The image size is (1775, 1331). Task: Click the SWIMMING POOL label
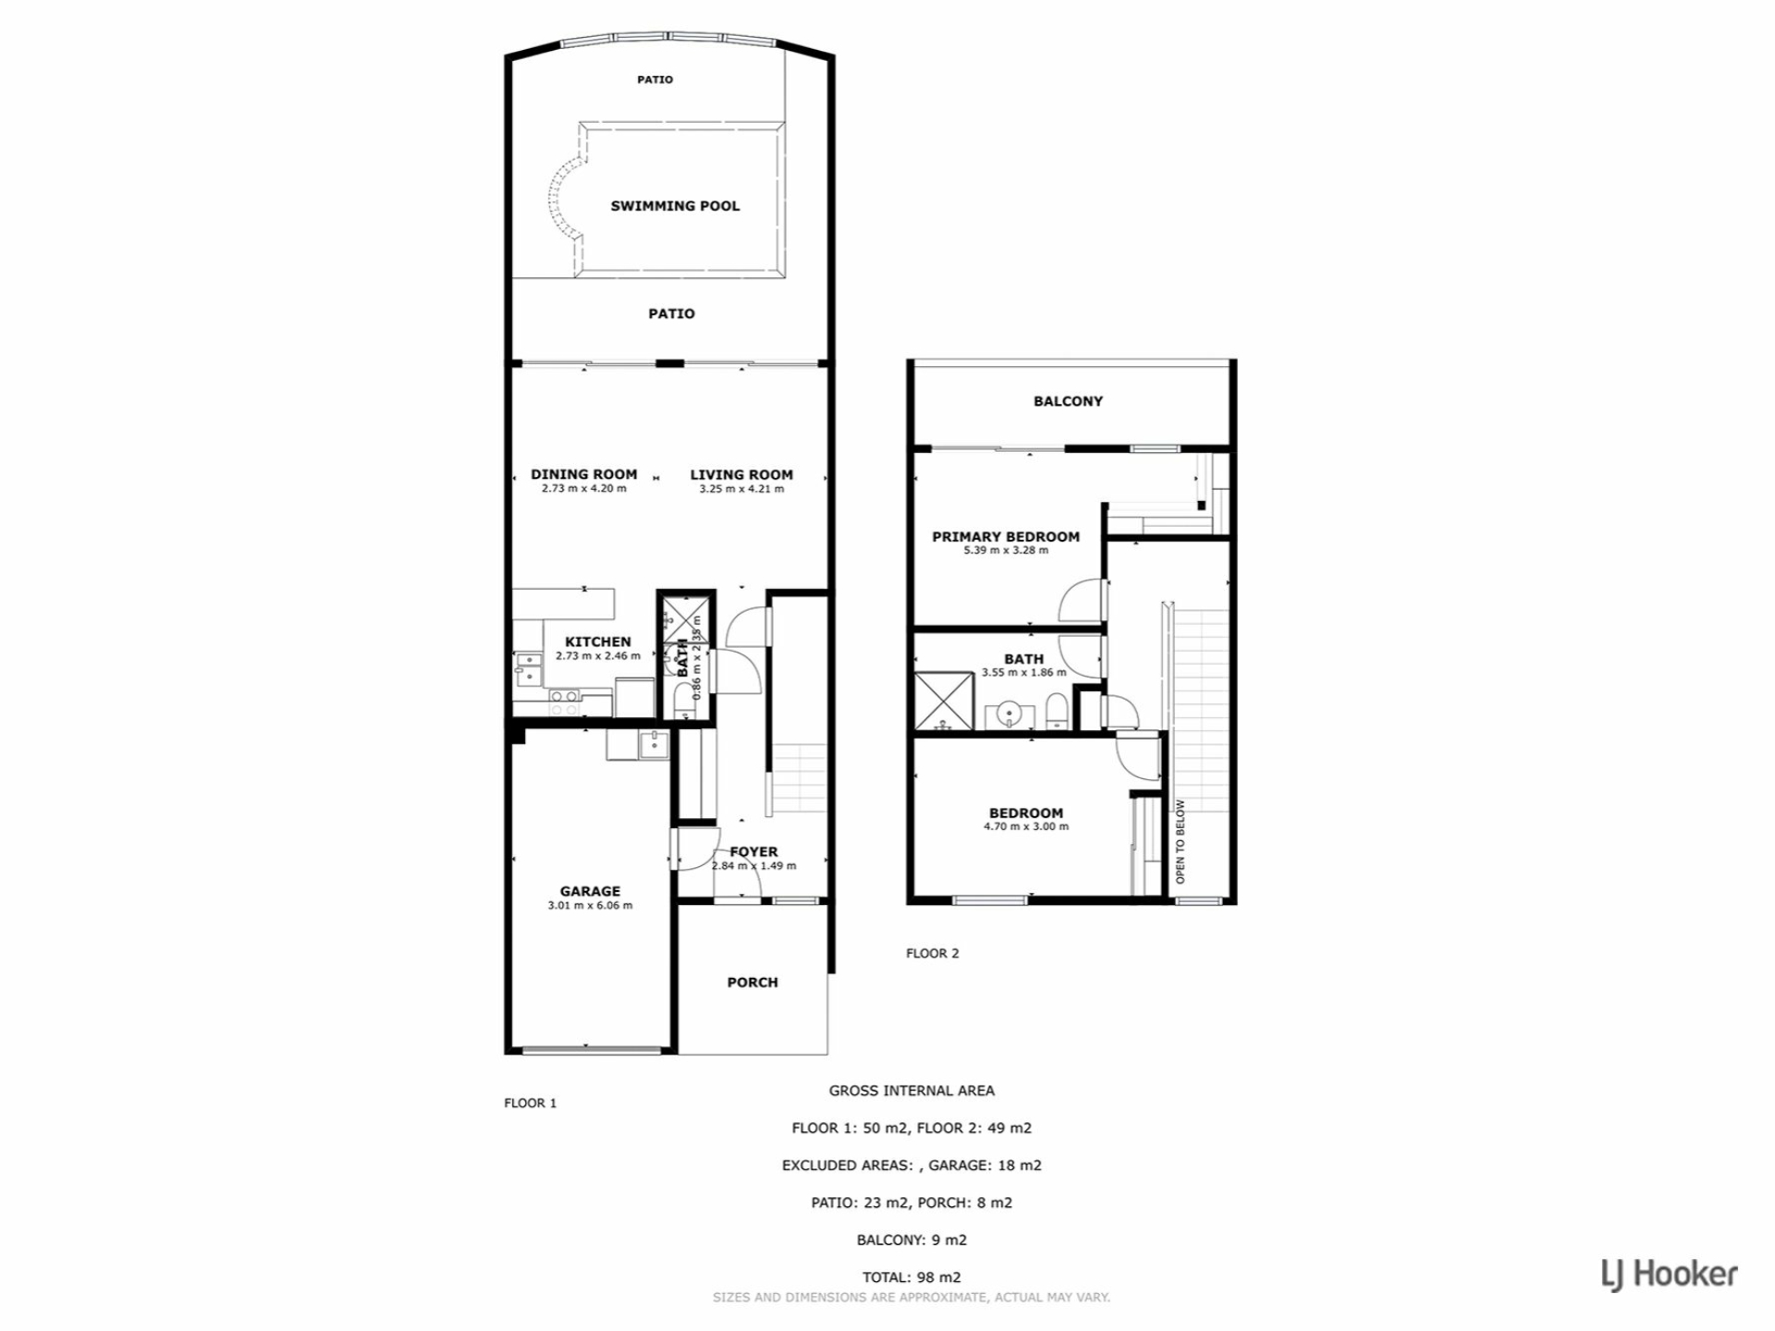point(675,206)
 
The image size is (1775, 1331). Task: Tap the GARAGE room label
point(590,891)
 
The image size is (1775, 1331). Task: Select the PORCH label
point(753,983)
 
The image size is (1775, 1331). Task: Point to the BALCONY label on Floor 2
point(1068,401)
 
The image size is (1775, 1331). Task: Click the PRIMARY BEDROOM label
point(1006,537)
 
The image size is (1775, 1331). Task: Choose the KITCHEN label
point(598,641)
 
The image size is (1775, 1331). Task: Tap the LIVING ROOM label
point(741,475)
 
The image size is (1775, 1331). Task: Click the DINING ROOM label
point(584,474)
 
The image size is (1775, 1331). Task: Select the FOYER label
point(753,851)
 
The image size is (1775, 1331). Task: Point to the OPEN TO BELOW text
point(1180,841)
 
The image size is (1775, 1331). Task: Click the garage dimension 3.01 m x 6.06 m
point(590,906)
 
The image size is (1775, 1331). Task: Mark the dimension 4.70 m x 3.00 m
point(1026,826)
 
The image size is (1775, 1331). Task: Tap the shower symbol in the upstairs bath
point(944,701)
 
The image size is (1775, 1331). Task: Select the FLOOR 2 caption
point(933,953)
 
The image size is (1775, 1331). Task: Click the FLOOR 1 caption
point(531,1103)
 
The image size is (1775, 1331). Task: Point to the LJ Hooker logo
point(1670,1275)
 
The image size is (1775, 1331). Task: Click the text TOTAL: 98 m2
point(912,1277)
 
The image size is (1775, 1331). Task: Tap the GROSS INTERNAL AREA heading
point(912,1091)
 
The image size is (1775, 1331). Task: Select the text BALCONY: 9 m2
point(912,1240)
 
